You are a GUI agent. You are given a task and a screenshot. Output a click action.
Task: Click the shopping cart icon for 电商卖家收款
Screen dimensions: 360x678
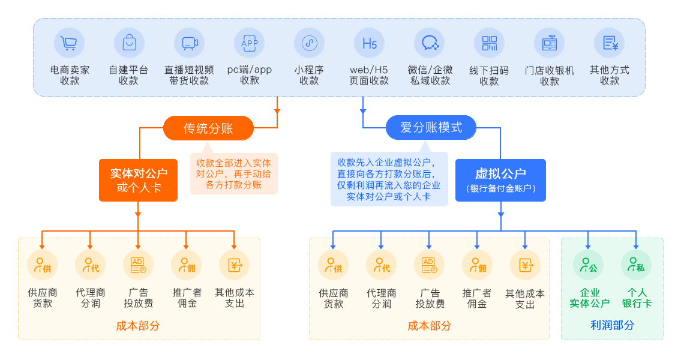click(x=69, y=43)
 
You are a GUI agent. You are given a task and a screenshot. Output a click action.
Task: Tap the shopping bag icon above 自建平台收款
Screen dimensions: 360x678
click(x=129, y=43)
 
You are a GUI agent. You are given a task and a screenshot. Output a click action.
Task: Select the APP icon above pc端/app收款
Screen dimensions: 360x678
click(x=249, y=43)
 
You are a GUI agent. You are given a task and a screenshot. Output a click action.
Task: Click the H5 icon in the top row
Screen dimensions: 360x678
click(x=369, y=43)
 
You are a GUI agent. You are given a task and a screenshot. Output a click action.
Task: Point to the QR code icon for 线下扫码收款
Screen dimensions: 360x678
click(x=489, y=43)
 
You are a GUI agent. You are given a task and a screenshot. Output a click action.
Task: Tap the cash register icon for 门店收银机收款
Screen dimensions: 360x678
click(x=549, y=43)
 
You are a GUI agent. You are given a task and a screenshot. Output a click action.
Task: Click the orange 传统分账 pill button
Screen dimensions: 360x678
click(x=208, y=128)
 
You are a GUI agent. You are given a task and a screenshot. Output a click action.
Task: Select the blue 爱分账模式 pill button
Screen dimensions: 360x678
click(x=431, y=127)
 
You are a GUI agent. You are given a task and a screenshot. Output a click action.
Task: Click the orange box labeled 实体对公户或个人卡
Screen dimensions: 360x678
click(x=138, y=180)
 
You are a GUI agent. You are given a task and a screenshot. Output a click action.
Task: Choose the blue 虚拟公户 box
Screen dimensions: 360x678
click(x=500, y=180)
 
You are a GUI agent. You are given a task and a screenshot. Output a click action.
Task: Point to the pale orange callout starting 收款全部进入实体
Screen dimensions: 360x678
click(x=234, y=173)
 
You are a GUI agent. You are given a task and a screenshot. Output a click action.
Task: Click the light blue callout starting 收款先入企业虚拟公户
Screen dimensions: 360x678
click(x=389, y=179)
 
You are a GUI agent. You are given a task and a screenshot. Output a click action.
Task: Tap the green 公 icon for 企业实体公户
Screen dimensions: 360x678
click(x=588, y=265)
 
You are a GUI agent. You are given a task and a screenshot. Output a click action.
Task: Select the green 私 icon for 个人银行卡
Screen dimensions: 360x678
click(x=636, y=265)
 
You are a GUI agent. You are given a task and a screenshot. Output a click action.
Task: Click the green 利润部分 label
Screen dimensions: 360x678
click(x=612, y=325)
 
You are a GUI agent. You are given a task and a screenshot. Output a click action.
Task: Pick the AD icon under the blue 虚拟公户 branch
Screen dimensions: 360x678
click(x=429, y=265)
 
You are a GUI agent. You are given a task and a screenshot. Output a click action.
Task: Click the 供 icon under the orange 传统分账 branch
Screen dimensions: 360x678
click(x=42, y=265)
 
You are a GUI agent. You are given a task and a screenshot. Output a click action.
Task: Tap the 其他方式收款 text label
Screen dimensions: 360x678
click(x=609, y=75)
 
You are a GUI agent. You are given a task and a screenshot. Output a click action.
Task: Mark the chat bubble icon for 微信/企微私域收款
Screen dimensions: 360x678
click(x=429, y=43)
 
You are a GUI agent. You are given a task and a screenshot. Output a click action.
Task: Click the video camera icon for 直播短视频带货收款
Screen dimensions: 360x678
click(x=189, y=43)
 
